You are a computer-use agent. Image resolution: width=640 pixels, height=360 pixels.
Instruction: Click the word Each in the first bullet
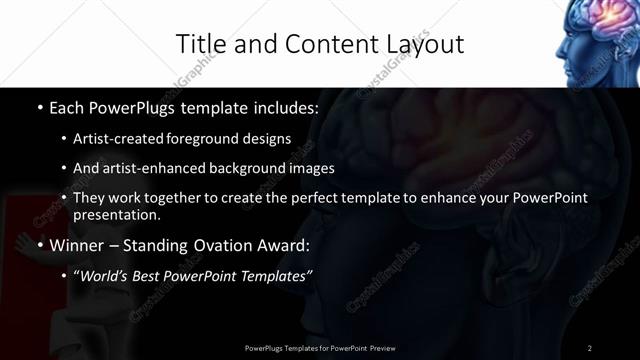pyautogui.click(x=67, y=106)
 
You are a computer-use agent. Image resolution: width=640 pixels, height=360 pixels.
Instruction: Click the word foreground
pyautogui.click(x=194, y=138)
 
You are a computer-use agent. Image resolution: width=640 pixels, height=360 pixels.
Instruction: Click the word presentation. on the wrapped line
pyautogui.click(x=116, y=214)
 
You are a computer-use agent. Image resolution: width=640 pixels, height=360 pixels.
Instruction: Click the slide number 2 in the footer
pyautogui.click(x=589, y=347)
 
